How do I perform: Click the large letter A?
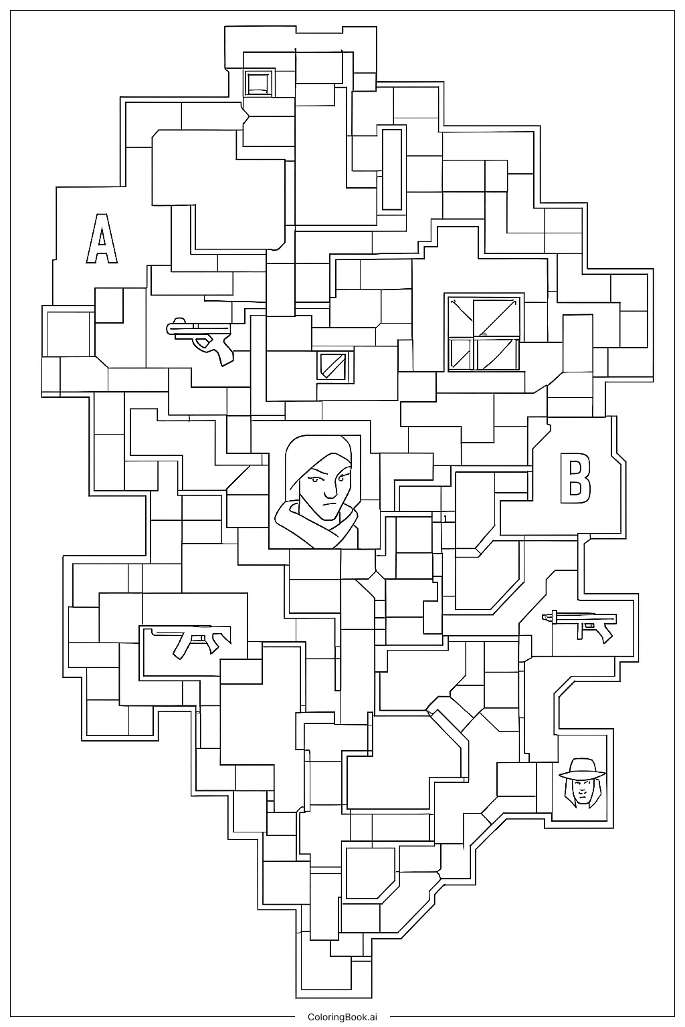(102, 239)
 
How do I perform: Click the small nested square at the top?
(258, 83)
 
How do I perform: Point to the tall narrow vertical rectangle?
(392, 168)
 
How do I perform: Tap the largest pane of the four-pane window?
(497, 316)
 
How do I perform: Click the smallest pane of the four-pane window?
(460, 352)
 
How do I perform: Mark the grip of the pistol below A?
(225, 352)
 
